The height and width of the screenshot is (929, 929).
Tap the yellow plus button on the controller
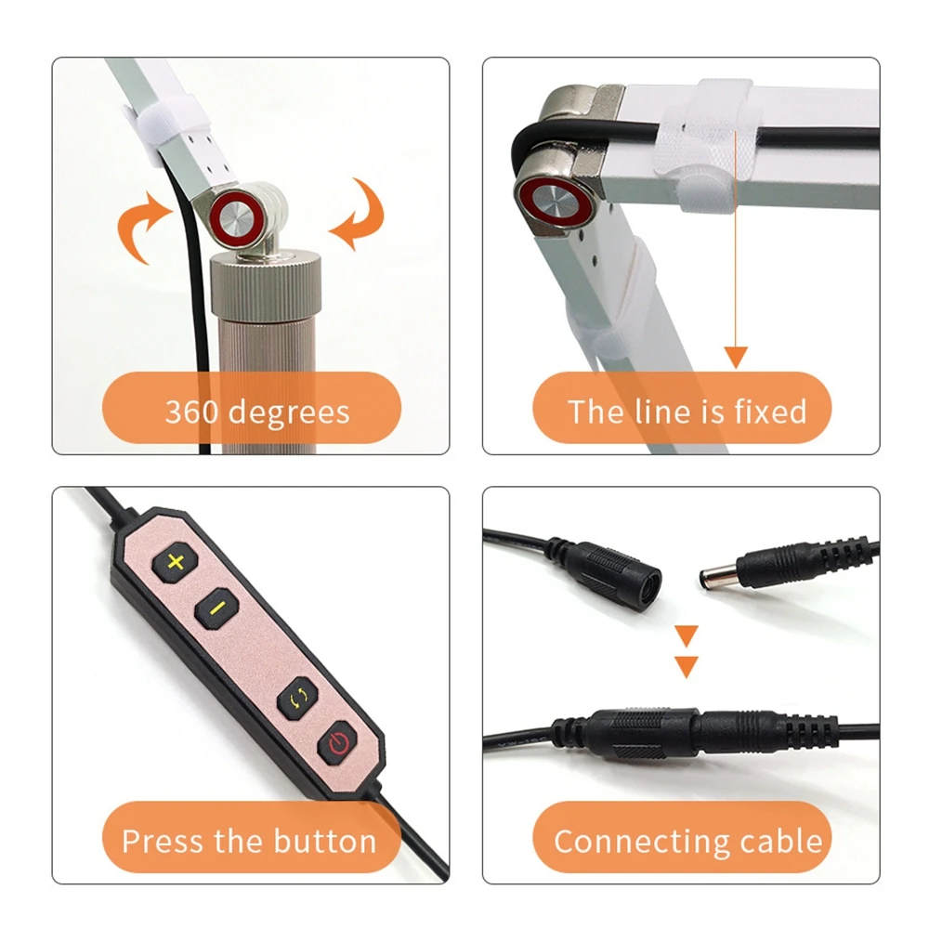click(176, 562)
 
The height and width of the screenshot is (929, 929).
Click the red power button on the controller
click(338, 742)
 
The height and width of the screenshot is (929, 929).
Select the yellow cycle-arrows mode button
click(298, 699)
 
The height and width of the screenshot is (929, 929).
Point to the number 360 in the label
click(191, 412)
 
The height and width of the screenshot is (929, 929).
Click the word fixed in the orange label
click(770, 411)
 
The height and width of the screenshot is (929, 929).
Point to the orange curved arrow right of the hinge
click(358, 214)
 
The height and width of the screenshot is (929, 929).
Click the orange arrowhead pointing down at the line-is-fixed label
click(736, 358)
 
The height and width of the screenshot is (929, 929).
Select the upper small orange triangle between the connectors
click(687, 635)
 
